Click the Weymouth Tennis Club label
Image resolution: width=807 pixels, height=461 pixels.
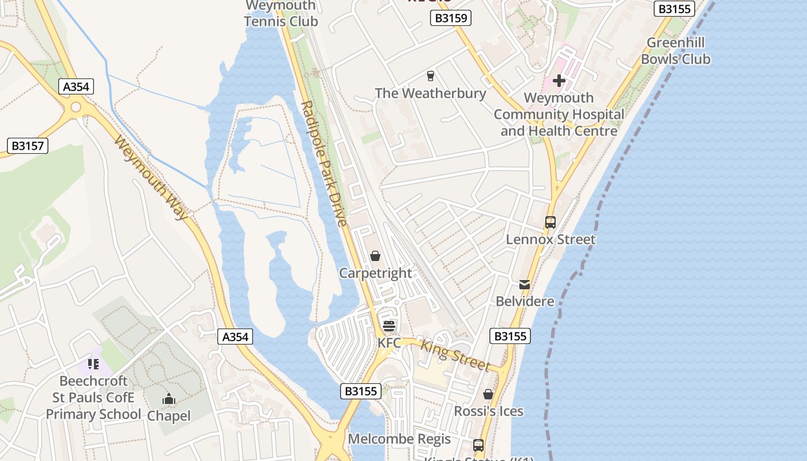pos(281,14)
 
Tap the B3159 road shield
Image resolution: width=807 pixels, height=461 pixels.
pos(451,18)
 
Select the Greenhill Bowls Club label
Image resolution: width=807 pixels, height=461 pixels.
pos(676,51)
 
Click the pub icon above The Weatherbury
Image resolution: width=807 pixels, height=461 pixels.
pos(430,75)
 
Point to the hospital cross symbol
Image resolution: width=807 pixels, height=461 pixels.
pos(559,81)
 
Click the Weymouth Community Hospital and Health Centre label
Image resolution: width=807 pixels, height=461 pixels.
pos(559,114)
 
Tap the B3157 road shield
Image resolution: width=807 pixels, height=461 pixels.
pos(28,146)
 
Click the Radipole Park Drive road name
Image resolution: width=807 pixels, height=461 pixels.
pos(324,164)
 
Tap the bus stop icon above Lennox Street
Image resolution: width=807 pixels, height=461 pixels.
pos(550,222)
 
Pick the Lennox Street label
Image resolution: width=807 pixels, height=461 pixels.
pos(550,239)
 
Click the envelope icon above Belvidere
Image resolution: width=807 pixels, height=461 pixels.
pos(525,284)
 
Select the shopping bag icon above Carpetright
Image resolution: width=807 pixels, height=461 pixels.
pos(375,256)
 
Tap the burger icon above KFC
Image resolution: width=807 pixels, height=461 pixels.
pos(389,326)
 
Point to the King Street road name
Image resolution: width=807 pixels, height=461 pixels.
pos(455,356)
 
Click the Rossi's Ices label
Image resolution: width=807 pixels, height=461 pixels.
pos(488,411)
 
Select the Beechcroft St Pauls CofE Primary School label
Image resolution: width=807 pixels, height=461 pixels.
pos(93,397)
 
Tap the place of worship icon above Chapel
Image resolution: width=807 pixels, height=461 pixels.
pos(168,399)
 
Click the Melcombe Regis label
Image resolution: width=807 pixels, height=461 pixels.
pos(399,439)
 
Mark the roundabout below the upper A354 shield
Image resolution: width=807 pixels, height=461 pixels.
pos(76,107)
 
